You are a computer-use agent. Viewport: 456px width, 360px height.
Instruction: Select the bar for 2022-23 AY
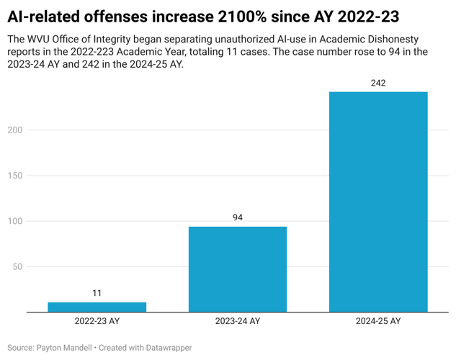[97, 307]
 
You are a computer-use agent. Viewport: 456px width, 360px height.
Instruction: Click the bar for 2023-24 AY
[238, 269]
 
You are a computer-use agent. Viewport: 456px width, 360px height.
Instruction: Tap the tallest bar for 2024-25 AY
[378, 202]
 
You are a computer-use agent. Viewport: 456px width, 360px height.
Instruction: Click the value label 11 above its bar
[97, 293]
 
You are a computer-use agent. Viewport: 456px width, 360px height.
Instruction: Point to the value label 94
[238, 217]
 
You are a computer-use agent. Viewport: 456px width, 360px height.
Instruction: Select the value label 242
[378, 83]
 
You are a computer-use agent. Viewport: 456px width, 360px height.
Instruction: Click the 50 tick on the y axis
[16, 266]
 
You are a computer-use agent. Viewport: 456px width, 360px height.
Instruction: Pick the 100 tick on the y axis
[14, 221]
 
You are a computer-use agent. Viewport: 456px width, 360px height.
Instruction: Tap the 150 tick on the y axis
[14, 176]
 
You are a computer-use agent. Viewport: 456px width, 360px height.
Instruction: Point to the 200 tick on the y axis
[14, 130]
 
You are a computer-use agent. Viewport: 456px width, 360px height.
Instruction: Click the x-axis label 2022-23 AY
[97, 321]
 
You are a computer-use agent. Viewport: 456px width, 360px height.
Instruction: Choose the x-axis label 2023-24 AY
[238, 321]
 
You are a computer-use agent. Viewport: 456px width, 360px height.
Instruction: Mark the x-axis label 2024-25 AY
[378, 321]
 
